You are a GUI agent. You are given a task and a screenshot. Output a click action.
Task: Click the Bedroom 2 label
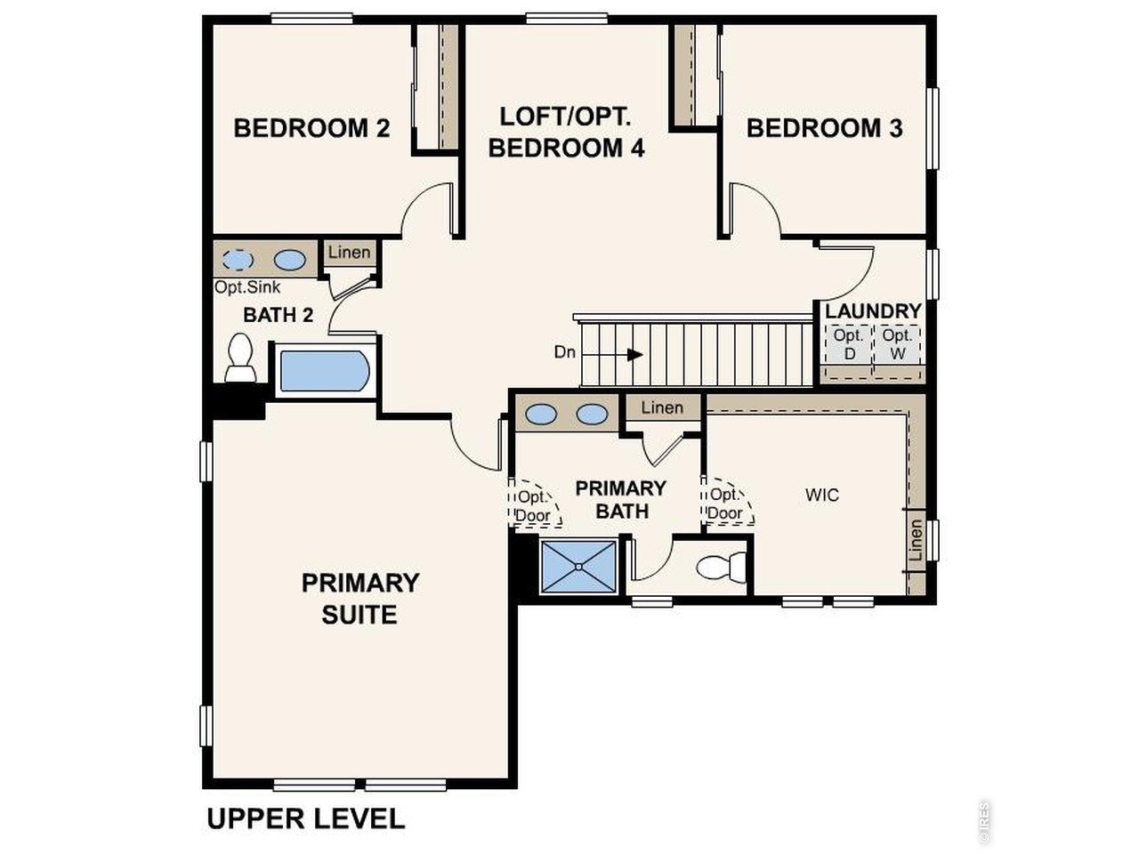tap(311, 128)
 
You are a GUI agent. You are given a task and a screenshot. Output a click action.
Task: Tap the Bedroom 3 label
tap(824, 128)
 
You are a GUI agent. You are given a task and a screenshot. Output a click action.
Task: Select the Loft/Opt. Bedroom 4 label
tap(566, 133)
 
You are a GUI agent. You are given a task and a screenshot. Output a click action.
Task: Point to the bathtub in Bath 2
tap(323, 372)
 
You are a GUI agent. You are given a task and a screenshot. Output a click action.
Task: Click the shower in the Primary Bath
tap(578, 566)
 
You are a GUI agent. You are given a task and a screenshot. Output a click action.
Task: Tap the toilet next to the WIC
tap(722, 567)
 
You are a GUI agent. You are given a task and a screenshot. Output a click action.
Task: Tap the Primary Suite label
tap(360, 599)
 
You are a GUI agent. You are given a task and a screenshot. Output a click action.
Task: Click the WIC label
tap(821, 495)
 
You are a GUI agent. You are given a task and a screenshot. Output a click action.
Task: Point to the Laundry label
tap(872, 311)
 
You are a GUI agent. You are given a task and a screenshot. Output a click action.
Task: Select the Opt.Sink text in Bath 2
tap(247, 287)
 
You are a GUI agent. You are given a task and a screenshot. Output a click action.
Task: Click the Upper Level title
tap(305, 818)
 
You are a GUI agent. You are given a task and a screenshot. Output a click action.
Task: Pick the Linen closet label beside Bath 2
tap(349, 253)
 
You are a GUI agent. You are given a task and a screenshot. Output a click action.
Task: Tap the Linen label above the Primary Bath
tap(662, 407)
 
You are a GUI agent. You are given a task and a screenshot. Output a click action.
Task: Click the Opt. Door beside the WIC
tap(726, 505)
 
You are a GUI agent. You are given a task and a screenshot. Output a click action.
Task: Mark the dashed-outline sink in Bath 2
tap(238, 260)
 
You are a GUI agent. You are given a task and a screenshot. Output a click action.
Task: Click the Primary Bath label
tap(621, 499)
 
